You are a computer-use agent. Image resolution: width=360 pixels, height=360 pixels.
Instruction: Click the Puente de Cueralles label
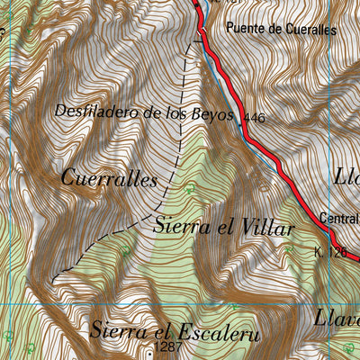281,29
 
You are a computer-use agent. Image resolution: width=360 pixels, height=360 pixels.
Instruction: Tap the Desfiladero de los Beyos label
144,113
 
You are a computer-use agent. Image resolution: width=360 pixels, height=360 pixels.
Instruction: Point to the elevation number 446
255,118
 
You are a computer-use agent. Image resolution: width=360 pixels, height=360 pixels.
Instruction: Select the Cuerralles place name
109,178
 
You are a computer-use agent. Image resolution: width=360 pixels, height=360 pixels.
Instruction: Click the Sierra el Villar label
223,227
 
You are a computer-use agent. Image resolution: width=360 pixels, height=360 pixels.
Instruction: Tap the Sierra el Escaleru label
175,331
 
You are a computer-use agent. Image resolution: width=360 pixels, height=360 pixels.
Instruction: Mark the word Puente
246,29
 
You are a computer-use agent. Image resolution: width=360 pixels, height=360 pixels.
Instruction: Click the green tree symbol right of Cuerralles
189,189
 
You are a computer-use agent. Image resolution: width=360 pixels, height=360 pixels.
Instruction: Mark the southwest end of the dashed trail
54,281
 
